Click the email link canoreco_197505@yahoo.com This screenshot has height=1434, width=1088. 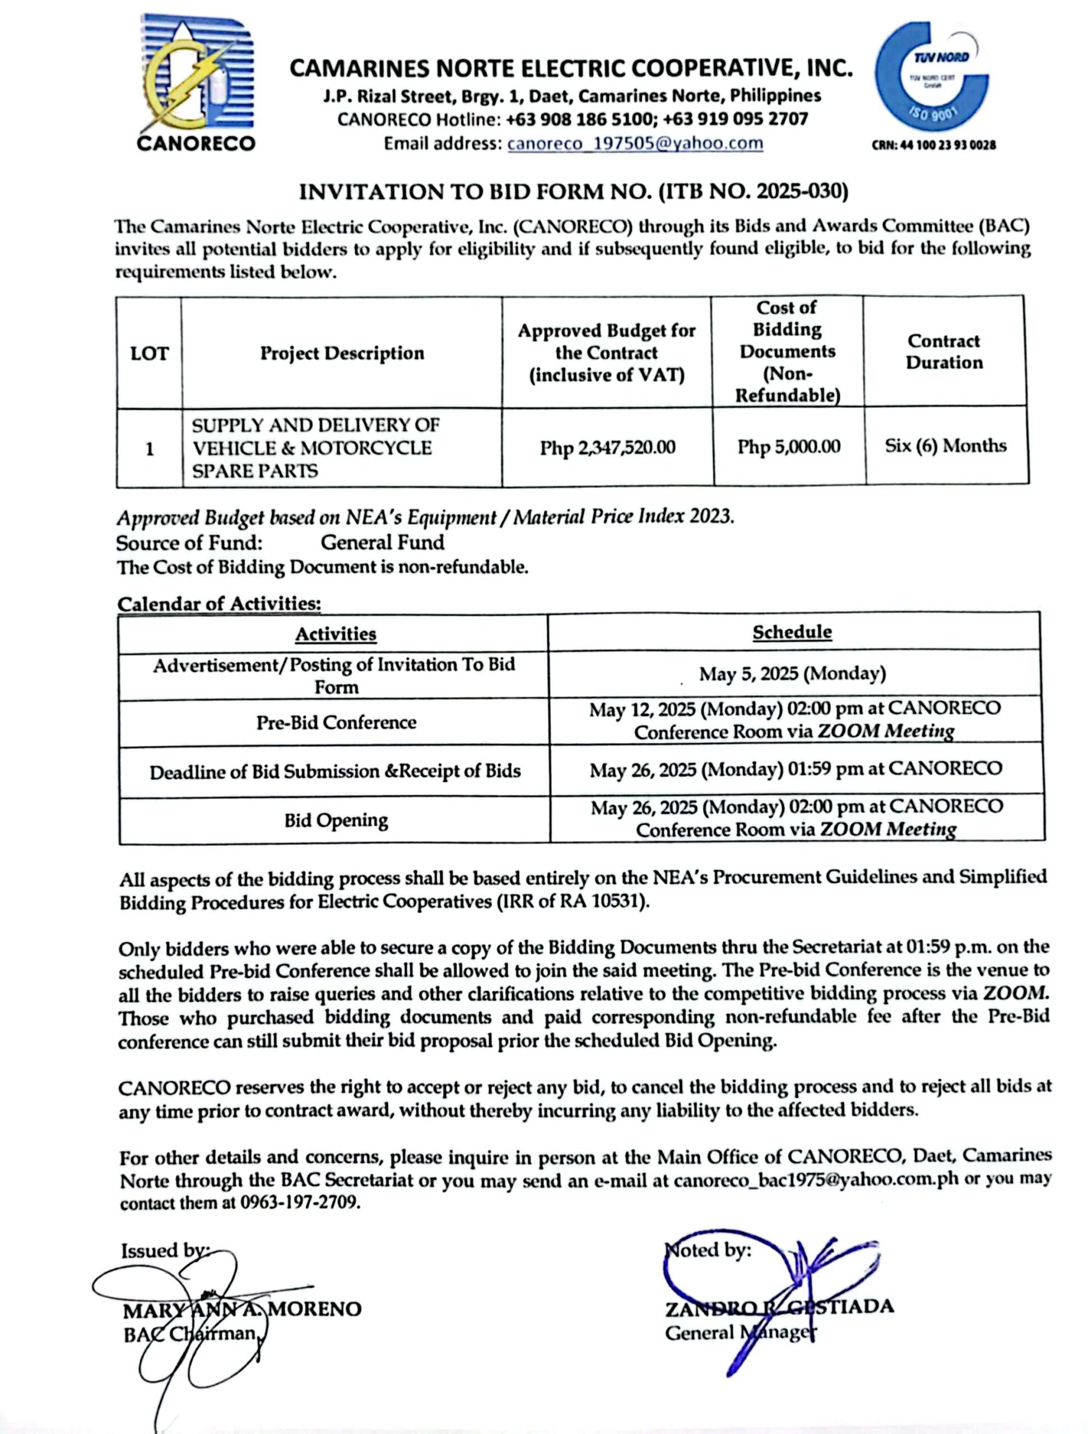[x=635, y=143]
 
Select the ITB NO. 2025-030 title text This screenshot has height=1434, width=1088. [x=573, y=192]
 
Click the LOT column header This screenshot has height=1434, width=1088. [x=149, y=353]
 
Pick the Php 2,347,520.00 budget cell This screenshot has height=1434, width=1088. [x=607, y=448]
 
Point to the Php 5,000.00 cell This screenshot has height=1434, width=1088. [x=788, y=446]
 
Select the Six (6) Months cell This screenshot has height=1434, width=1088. [x=945, y=445]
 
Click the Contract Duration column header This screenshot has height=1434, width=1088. [x=944, y=351]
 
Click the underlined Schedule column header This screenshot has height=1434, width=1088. [x=792, y=632]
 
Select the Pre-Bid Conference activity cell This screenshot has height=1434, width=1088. [x=336, y=722]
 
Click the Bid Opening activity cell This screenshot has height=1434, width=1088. [x=336, y=820]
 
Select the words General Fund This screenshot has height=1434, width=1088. [x=383, y=542]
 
